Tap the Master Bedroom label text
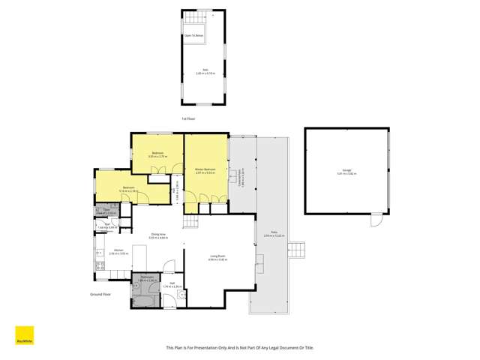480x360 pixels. [205, 170]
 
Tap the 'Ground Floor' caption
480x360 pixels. [100, 295]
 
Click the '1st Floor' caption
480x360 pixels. [188, 118]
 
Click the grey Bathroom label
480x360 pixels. [147, 279]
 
